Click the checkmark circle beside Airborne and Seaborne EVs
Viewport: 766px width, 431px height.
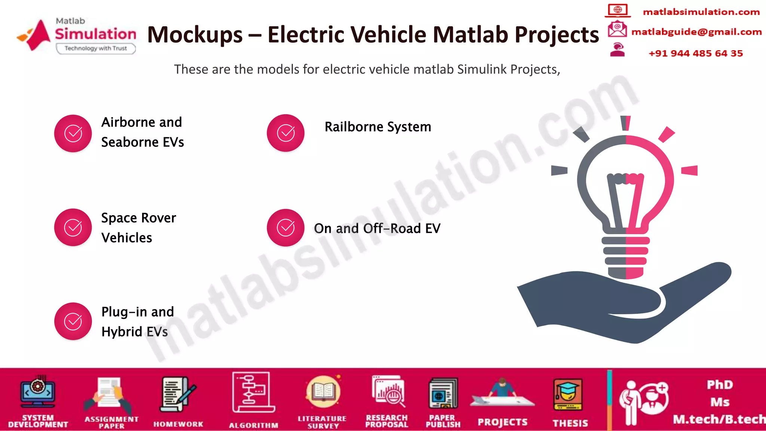[x=73, y=133]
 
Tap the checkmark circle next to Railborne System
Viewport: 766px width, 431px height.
[x=285, y=133]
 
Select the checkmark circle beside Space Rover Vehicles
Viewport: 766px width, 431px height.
[x=73, y=227]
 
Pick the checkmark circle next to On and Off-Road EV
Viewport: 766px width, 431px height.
[x=285, y=227]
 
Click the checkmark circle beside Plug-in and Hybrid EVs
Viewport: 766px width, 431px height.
[x=73, y=321]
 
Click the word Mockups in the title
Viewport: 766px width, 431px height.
[x=195, y=35]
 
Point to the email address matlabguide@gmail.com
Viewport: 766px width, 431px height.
[x=696, y=32]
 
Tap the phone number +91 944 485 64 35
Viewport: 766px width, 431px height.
[x=695, y=53]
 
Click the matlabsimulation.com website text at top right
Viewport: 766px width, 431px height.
[x=701, y=12]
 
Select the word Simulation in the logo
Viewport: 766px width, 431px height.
[x=95, y=34]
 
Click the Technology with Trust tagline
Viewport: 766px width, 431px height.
[x=95, y=48]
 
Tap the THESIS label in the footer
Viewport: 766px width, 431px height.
[x=570, y=423]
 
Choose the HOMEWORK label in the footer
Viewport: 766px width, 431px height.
[x=178, y=424]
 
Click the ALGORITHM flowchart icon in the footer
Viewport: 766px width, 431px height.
[x=253, y=392]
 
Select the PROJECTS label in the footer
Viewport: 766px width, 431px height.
[x=502, y=422]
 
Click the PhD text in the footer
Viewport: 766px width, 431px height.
[x=720, y=385]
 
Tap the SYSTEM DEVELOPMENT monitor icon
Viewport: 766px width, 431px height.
[x=38, y=392]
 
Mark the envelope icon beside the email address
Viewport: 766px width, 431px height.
[x=617, y=29]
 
